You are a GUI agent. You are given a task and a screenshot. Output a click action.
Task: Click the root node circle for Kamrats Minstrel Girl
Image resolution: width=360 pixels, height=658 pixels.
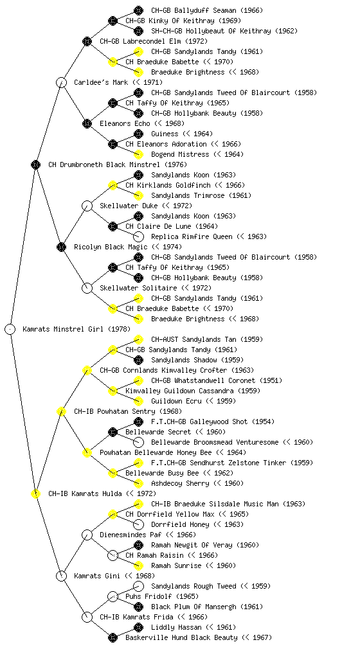[x=10, y=329]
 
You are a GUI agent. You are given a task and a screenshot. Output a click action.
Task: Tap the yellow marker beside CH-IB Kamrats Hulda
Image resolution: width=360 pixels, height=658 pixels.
[x=35, y=493]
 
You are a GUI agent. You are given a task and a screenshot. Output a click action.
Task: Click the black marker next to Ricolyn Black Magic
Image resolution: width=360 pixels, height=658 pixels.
[x=61, y=247]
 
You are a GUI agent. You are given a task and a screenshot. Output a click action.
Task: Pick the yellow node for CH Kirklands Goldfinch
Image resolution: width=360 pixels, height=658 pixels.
[x=113, y=185]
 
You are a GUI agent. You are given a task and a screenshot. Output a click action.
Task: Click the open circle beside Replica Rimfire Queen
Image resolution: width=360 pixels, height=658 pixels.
[x=138, y=236]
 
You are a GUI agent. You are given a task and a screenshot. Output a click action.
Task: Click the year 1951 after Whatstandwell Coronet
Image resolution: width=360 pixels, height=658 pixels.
[x=271, y=380]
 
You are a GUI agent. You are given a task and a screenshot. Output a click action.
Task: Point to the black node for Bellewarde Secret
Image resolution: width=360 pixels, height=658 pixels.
[x=113, y=432]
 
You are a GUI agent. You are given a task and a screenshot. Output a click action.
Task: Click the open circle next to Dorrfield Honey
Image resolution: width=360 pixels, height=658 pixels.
[x=138, y=524]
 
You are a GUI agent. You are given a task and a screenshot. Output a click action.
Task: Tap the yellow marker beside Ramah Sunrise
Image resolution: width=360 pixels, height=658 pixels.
[x=138, y=565]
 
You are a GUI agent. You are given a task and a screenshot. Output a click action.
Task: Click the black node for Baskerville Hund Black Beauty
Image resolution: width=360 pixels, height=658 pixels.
[x=113, y=637]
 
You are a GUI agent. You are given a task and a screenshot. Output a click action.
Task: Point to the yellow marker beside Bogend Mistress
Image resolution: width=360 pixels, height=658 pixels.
[x=138, y=154]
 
